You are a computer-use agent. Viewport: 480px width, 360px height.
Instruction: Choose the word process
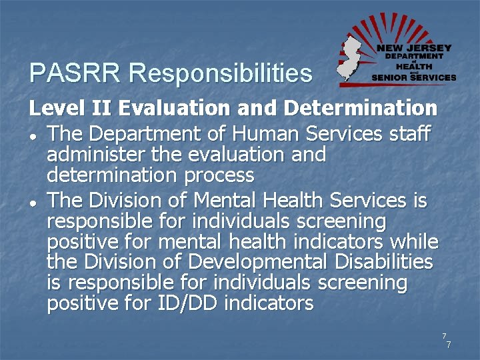click(219, 176)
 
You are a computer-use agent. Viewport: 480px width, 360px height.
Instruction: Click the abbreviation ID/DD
click(187, 303)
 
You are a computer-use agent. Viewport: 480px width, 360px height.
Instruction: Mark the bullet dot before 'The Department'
click(33, 137)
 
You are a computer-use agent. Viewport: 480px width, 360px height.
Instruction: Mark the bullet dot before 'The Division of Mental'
click(33, 203)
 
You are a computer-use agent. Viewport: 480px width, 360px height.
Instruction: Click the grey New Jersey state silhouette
click(349, 59)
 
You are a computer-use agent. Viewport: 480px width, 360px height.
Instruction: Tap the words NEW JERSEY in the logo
click(414, 48)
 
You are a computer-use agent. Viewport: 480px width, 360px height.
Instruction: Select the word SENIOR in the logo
click(390, 77)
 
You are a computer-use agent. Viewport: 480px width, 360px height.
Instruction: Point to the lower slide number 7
click(449, 345)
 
